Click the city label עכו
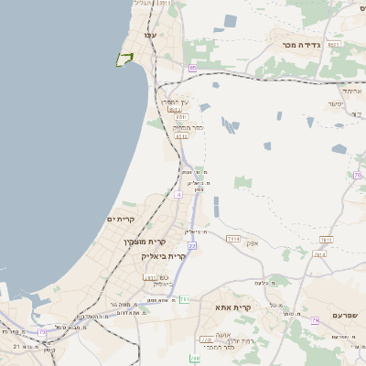click(148, 35)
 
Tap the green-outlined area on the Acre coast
click(124, 59)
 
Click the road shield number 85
click(192, 69)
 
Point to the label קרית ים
click(121, 220)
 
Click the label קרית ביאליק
click(164, 256)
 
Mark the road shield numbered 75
click(42, 331)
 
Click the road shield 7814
click(319, 254)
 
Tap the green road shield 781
click(184, 298)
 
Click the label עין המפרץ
click(176, 102)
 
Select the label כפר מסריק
click(187, 127)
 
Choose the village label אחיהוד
click(352, 91)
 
